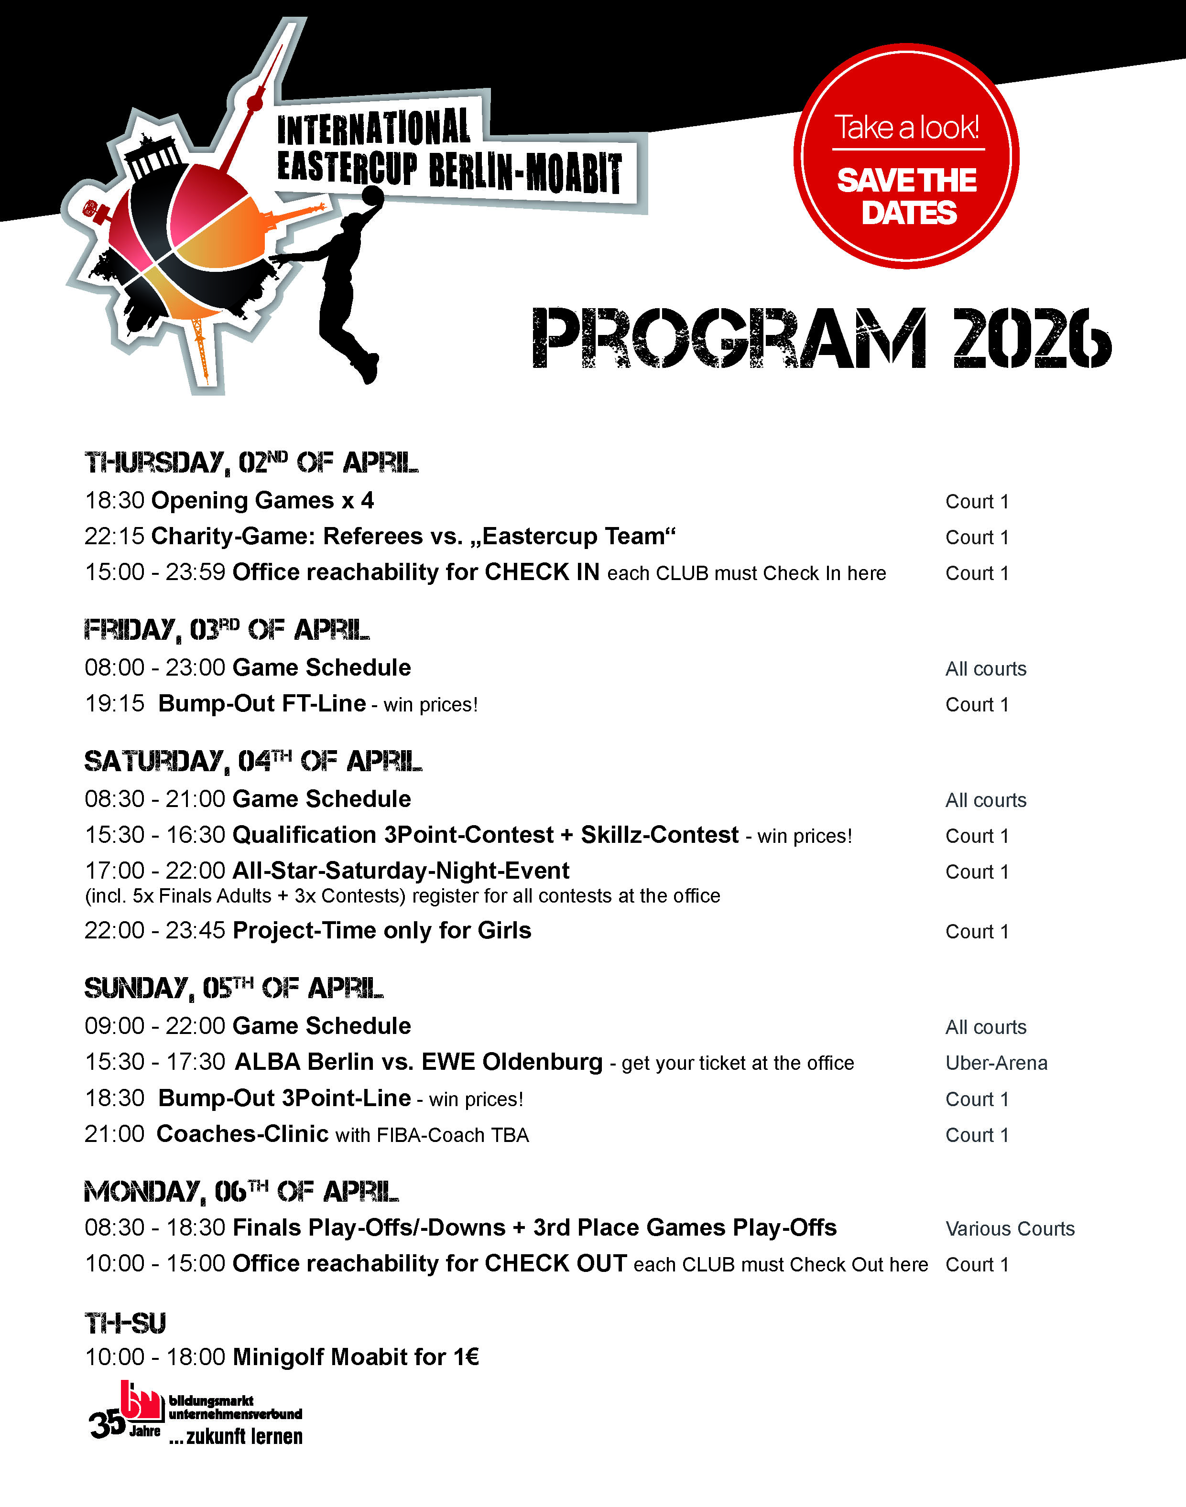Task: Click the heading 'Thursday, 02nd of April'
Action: click(251, 463)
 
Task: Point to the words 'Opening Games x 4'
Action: click(262, 500)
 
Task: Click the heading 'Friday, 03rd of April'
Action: click(227, 630)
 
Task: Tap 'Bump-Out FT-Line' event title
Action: click(262, 704)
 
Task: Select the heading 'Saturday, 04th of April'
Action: click(253, 762)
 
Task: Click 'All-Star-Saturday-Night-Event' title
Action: click(401, 871)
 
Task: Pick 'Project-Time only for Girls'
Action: click(382, 930)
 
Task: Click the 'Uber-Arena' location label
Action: click(996, 1063)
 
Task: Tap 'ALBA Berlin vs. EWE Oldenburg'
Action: click(419, 1062)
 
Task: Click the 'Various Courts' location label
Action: click(1010, 1228)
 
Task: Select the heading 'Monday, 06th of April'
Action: click(241, 1192)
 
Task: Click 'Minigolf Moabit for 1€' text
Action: click(356, 1356)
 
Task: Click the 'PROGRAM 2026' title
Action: click(821, 338)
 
